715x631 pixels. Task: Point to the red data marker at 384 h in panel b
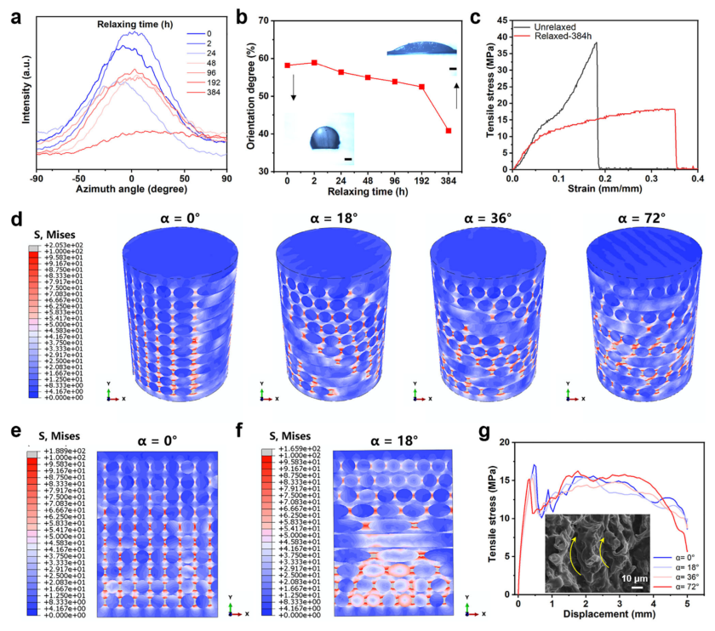(448, 131)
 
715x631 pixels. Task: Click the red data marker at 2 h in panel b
(316, 62)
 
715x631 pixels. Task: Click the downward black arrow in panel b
(294, 86)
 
